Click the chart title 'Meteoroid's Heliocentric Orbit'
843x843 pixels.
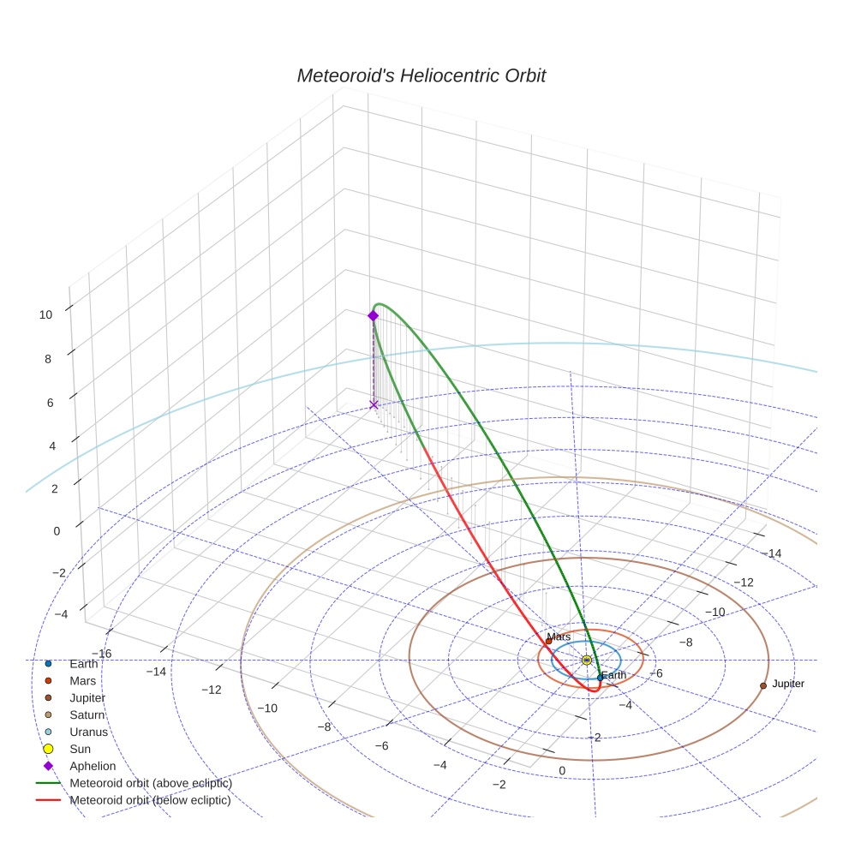point(421,75)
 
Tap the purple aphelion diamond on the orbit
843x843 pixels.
point(373,315)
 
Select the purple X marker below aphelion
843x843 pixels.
point(374,404)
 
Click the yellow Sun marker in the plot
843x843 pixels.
point(586,660)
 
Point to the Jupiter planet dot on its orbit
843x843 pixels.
point(762,685)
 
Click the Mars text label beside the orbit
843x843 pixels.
point(559,637)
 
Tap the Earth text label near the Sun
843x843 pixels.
point(613,675)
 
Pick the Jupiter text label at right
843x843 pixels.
point(787,684)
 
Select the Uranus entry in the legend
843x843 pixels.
point(88,732)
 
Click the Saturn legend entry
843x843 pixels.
point(87,714)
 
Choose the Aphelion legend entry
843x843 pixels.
point(93,766)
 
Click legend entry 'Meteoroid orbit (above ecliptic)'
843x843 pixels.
point(151,783)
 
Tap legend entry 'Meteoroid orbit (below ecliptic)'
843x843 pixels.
point(151,800)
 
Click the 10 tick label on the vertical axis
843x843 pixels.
point(45,314)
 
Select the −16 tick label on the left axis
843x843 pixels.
point(101,653)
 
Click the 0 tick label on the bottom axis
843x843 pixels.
point(562,771)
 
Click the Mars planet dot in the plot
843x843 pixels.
point(548,641)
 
